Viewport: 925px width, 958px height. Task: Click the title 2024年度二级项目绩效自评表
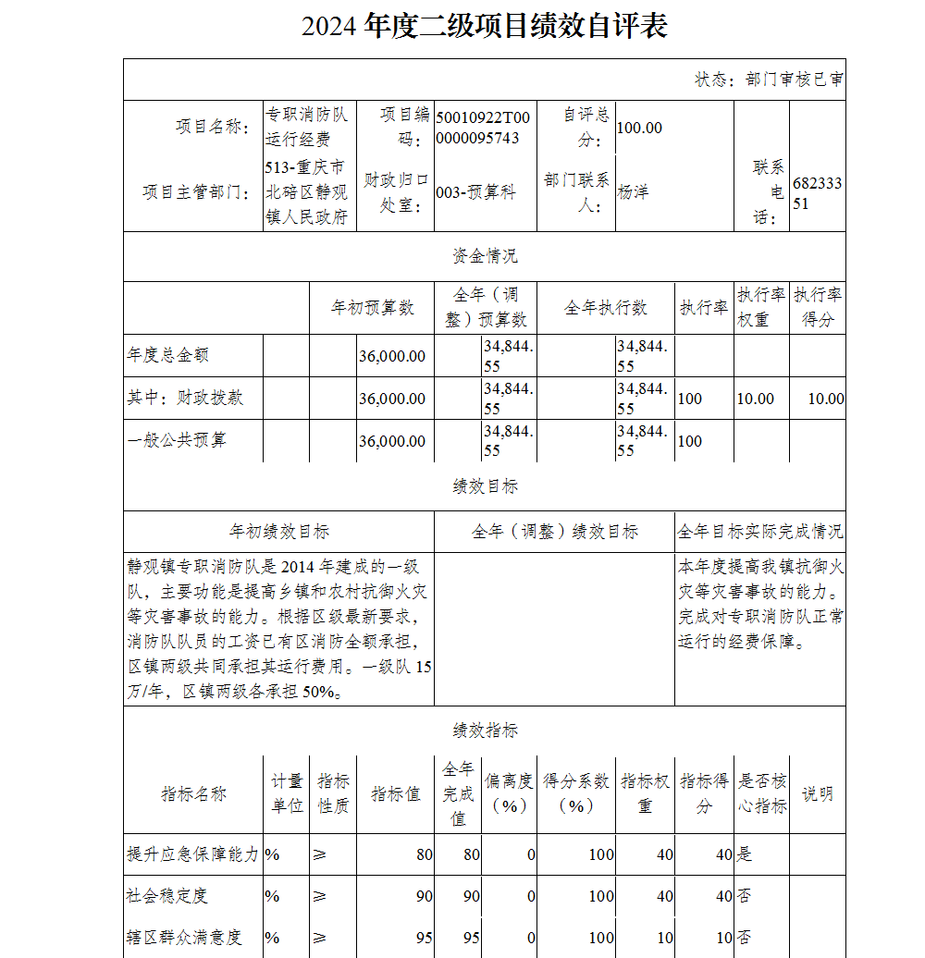tap(484, 26)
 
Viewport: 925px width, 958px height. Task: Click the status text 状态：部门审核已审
tap(769, 80)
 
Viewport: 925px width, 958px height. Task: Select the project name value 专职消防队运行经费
tap(306, 127)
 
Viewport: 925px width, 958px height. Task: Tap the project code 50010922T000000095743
tap(483, 128)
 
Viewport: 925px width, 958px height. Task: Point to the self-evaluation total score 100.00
tap(639, 128)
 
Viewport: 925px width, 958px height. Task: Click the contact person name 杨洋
tap(633, 192)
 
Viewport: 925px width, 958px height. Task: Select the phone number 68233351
tap(817, 193)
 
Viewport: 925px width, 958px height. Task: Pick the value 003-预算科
tap(475, 192)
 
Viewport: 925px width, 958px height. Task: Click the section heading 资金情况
tap(485, 256)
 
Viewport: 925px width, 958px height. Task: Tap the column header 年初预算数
tap(372, 308)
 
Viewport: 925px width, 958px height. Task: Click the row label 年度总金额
tap(167, 354)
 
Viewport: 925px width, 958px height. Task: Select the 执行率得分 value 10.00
tap(825, 399)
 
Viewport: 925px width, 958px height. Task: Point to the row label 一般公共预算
tap(176, 440)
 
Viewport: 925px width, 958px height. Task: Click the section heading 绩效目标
tap(485, 485)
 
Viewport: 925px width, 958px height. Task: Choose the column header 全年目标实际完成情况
tap(759, 532)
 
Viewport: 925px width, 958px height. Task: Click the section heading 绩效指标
tap(485, 731)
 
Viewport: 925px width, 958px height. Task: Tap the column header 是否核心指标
tap(761, 793)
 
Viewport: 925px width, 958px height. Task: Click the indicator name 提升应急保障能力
tap(192, 854)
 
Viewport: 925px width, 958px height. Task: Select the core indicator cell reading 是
tap(742, 854)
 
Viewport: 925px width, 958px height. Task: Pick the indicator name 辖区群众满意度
tap(184, 938)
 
